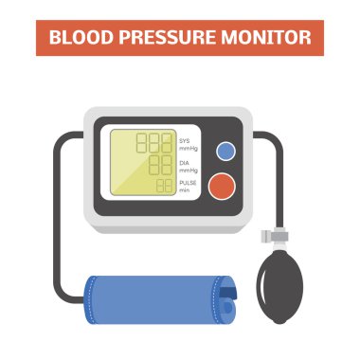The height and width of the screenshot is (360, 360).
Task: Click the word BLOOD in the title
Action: click(81, 37)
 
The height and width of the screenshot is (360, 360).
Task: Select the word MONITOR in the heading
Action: click(266, 37)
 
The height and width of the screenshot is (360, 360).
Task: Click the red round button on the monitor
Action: click(222, 186)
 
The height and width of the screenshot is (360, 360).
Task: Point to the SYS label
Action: click(185, 141)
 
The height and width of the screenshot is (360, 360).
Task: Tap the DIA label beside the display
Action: click(184, 163)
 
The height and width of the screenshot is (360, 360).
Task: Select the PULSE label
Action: click(188, 183)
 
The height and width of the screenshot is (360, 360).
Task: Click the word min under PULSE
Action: click(185, 190)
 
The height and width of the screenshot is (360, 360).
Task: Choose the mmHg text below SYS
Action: click(189, 148)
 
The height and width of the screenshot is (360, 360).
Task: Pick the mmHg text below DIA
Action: click(189, 171)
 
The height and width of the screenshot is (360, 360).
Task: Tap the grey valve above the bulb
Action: click(275, 236)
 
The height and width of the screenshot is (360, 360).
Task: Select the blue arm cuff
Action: click(160, 300)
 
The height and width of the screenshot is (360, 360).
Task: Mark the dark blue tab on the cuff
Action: click(228, 293)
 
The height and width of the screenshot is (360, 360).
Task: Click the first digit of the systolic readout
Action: click(141, 143)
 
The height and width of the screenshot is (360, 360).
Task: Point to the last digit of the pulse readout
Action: click(169, 186)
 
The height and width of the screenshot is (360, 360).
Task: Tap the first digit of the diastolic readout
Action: click(153, 165)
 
